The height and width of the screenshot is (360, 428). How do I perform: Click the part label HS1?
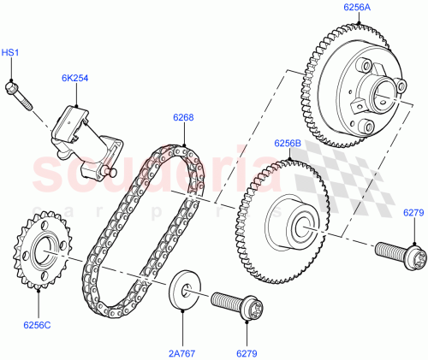(9, 53)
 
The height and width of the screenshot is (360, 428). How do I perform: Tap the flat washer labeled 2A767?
(182, 288)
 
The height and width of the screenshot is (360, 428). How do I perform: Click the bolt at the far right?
(401, 253)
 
